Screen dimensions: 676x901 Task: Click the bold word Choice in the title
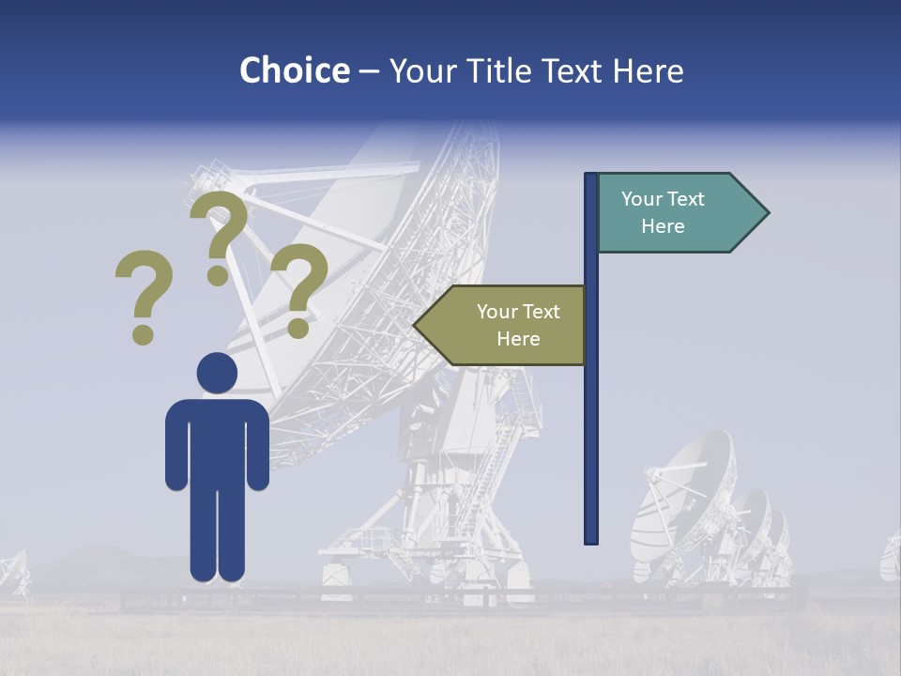(x=294, y=70)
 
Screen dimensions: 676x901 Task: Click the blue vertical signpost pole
(x=591, y=422)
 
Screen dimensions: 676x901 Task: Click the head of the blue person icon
(x=217, y=373)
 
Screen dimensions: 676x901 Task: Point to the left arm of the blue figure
(x=176, y=446)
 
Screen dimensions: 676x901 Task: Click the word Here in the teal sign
(x=663, y=226)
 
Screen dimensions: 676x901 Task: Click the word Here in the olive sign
(x=518, y=339)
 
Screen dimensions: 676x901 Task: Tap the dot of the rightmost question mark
(x=298, y=330)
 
